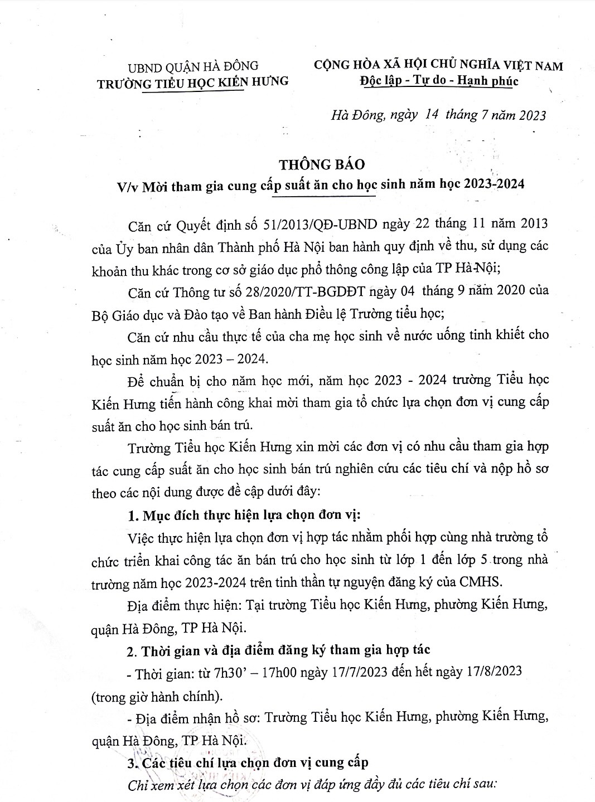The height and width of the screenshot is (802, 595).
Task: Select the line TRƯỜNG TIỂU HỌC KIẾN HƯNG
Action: click(x=193, y=82)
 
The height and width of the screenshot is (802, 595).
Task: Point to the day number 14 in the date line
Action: click(x=432, y=115)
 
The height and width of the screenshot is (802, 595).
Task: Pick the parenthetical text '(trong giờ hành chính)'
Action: click(x=158, y=696)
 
